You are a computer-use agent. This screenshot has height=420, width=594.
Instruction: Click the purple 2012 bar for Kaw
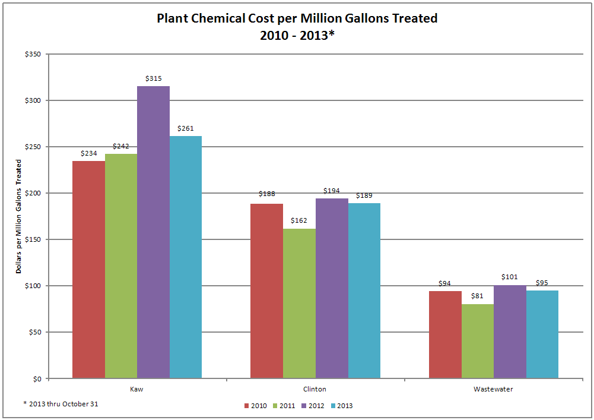153,232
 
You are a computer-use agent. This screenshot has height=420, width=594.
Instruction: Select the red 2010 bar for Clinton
266,290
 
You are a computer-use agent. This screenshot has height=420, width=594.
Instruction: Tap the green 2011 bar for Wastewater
477,341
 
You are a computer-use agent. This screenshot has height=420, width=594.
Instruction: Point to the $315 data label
153,78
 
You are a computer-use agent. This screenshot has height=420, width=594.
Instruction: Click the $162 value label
298,220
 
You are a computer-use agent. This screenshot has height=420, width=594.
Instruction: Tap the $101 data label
509,277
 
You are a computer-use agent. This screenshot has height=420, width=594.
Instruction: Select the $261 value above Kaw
185,128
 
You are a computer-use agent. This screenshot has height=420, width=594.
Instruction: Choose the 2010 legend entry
255,406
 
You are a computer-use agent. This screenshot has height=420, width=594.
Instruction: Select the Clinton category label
315,390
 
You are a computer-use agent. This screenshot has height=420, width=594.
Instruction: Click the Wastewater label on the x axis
493,390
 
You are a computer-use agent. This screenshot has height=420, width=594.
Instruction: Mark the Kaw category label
137,390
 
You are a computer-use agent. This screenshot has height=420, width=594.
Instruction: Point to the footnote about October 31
61,404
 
